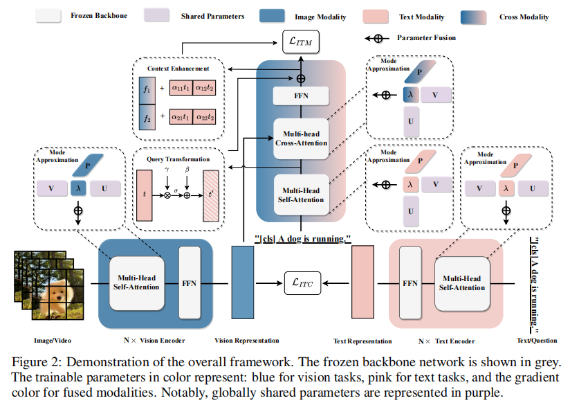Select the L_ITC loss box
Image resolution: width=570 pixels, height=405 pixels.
(303, 282)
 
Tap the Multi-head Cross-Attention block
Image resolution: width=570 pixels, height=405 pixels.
(301, 137)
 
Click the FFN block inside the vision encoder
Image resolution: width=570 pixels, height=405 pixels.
(190, 282)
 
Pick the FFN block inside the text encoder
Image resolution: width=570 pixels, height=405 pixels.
(410, 282)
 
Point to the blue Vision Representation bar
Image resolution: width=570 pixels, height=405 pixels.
(243, 283)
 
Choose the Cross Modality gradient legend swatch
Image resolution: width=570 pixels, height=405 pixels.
(480, 16)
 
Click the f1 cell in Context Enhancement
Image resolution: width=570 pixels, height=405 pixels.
(145, 89)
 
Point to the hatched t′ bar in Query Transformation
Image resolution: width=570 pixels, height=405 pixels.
(210, 195)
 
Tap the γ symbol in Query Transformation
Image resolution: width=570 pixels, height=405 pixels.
(167, 170)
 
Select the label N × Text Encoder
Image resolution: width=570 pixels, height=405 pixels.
(446, 341)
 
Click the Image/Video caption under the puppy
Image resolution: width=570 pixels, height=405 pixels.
(53, 341)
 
